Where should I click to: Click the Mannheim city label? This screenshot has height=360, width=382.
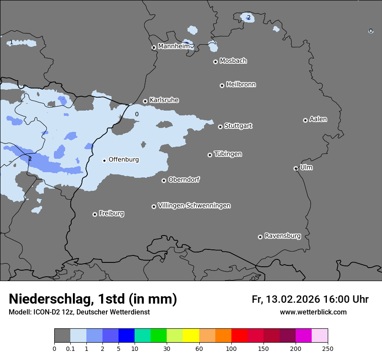(x=174, y=46)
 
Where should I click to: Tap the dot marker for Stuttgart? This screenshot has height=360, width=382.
(x=221, y=127)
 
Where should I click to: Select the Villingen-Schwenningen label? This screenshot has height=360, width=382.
(x=194, y=206)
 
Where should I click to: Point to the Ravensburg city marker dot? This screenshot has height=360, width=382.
(x=260, y=237)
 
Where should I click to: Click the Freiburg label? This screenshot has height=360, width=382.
(x=111, y=213)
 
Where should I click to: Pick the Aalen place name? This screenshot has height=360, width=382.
(x=318, y=119)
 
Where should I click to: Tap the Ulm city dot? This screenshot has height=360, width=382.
(x=296, y=168)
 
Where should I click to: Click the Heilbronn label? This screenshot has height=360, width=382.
(x=241, y=85)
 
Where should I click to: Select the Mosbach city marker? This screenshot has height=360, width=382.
(x=215, y=62)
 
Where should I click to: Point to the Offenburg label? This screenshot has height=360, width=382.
(x=124, y=160)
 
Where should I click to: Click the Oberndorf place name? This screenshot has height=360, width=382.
(x=184, y=180)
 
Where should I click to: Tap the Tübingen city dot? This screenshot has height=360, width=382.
(x=210, y=155)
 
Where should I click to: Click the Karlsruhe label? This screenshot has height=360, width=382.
(x=164, y=100)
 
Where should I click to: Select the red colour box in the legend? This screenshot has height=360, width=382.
(x=239, y=336)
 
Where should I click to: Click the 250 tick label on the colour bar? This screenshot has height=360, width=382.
(x=328, y=349)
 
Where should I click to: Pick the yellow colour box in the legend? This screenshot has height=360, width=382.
(x=191, y=336)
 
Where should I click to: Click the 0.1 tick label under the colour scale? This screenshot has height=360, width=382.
(x=70, y=349)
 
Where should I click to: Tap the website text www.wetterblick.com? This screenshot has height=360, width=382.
(x=313, y=312)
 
